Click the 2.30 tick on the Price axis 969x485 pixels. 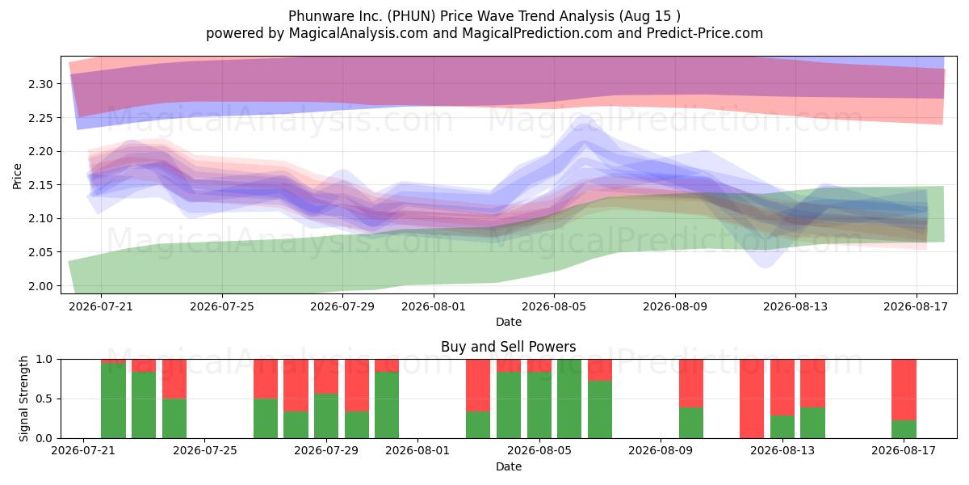tap(40, 84)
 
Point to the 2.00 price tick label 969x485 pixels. tap(40, 286)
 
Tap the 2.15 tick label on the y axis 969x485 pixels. tap(40, 185)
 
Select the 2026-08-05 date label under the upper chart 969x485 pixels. tap(554, 306)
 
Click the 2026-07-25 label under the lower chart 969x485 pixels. tap(204, 451)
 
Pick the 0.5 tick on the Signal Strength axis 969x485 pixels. tap(44, 399)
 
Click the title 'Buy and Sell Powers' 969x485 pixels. tap(508, 347)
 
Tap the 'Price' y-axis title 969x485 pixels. tap(17, 176)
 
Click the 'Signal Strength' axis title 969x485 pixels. tap(23, 399)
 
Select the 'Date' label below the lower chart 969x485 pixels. tap(508, 466)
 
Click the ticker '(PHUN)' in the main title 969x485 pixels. tap(411, 16)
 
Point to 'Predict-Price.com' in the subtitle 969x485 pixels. tap(705, 33)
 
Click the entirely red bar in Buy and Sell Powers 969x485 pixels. tap(752, 399)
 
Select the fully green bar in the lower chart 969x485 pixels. tap(569, 399)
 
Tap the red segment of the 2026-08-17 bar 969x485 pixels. tap(904, 390)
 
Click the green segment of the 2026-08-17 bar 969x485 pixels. tap(904, 429)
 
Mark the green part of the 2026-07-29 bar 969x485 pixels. tap(326, 416)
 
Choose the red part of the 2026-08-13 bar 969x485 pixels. tap(782, 387)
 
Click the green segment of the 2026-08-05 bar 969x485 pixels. tap(539, 405)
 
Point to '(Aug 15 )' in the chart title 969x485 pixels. tap(649, 16)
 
